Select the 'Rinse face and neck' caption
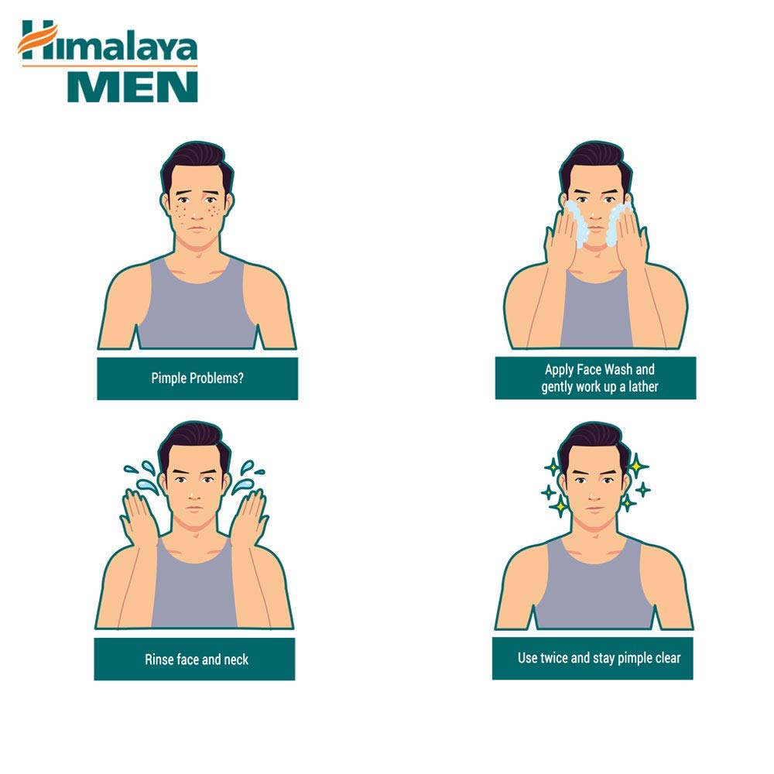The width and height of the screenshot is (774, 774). click(x=197, y=659)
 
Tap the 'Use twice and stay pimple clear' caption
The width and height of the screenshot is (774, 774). click(x=599, y=658)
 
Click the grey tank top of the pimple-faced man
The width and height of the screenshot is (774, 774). click(x=197, y=310)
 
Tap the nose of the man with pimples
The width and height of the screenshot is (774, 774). click(x=195, y=209)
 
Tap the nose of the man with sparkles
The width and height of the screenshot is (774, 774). click(x=594, y=491)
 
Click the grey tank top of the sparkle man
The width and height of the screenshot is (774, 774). click(x=594, y=588)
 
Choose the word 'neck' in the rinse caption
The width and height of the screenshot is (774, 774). click(x=235, y=659)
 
